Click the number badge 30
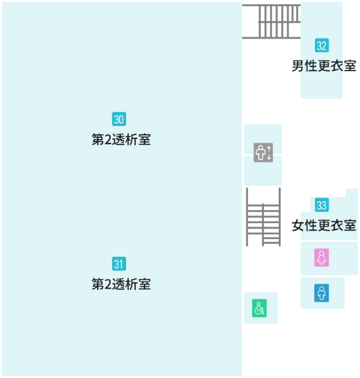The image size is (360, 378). coord(119,119)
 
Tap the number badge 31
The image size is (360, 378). coord(119,264)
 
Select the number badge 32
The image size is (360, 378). coord(322,46)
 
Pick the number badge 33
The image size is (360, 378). coord(322,205)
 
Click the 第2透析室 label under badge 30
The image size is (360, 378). coord(121,140)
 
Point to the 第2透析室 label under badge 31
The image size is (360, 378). coord(121,284)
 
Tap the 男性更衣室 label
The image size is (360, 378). coord(324,66)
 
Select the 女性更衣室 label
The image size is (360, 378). coord(324,225)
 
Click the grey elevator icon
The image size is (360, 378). coord(263,153)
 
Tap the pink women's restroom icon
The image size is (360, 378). coord(322,258)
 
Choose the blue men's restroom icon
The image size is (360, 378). coord(322,293)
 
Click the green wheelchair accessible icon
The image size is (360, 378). coord(260,308)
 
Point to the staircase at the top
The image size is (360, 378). coord(272,21)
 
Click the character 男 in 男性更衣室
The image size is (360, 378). coord(298,66)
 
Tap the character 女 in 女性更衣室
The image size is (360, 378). coord(298,225)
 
